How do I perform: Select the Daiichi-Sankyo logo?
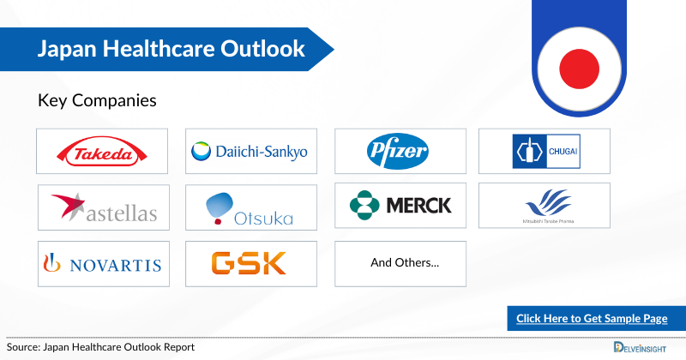(x=250, y=153)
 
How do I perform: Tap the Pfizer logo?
(x=400, y=152)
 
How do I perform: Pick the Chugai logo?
(x=545, y=152)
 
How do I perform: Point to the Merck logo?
(x=400, y=205)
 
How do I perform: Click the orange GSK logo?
(x=250, y=263)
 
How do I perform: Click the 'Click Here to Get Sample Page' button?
(x=592, y=318)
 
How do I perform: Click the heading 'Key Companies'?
(x=97, y=100)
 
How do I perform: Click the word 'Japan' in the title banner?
(x=65, y=49)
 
